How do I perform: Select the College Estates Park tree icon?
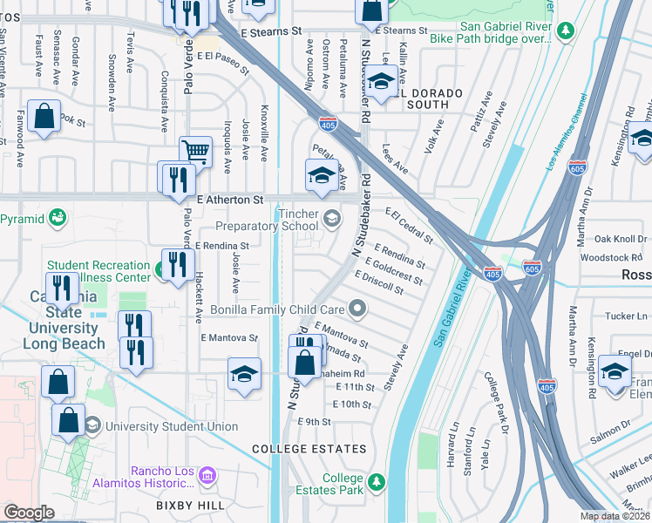(376, 481)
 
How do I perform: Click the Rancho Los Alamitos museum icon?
(207, 476)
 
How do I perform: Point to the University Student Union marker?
(92, 425)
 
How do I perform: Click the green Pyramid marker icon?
(58, 216)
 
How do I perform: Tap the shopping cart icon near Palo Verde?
(196, 152)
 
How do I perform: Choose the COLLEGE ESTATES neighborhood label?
(309, 448)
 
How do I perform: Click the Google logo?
(29, 513)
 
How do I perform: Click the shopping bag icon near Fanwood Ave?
(43, 116)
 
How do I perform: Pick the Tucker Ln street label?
(621, 316)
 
